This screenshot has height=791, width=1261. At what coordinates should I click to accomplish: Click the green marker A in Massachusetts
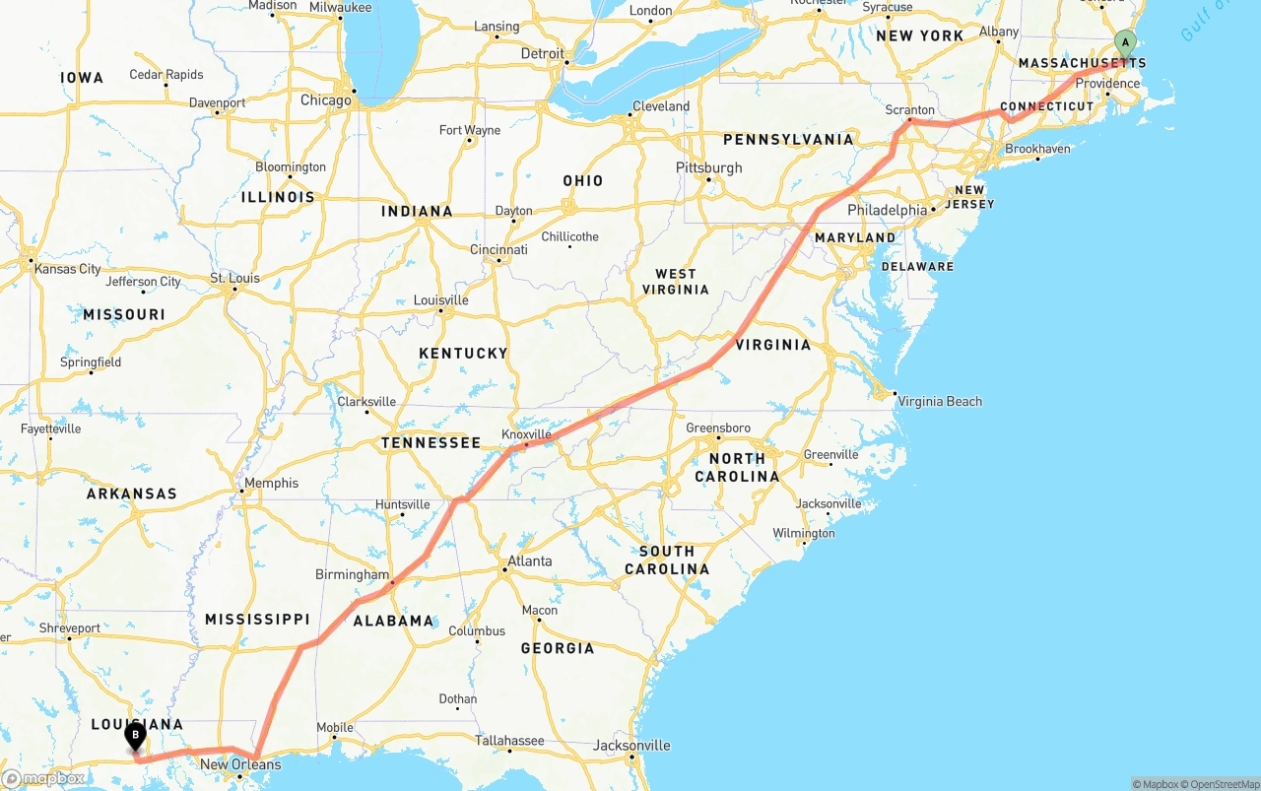1125,42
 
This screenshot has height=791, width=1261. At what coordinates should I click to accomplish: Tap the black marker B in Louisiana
135,735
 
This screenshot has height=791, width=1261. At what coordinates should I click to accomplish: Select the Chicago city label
326,100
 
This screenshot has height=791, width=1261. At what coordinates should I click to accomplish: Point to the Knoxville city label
526,434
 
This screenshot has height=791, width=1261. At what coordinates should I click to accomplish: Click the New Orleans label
240,764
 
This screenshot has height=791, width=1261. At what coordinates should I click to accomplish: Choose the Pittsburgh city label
709,167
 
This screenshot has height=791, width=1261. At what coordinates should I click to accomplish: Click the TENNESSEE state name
431,443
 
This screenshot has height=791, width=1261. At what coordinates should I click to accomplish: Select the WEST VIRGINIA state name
676,282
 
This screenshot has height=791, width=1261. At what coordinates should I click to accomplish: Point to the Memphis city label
271,483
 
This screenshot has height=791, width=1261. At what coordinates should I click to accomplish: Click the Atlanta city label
529,561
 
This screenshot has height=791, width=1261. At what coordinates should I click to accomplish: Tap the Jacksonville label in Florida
631,746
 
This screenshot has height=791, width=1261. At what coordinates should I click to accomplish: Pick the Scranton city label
910,110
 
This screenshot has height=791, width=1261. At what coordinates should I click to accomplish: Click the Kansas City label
68,269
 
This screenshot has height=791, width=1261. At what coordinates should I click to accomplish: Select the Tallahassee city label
510,741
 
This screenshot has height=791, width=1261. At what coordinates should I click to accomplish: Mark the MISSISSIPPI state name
257,620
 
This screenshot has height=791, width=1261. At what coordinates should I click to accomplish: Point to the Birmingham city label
353,574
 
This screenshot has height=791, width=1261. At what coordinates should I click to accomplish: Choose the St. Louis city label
235,278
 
